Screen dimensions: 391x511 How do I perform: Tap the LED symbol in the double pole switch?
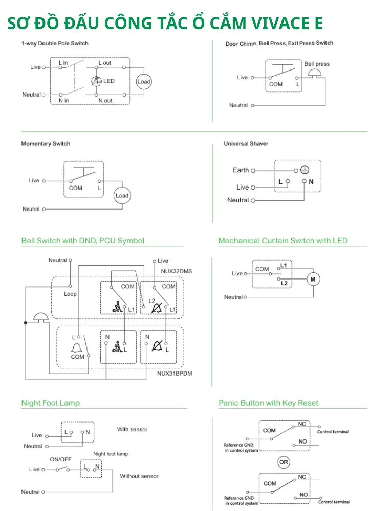point(96,81)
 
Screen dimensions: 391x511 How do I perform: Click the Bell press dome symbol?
point(315,73)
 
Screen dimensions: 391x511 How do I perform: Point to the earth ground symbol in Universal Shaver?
point(305,170)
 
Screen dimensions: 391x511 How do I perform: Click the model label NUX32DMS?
point(176,271)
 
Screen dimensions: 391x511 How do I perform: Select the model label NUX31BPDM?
point(175,374)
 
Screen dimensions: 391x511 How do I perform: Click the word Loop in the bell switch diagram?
point(70,294)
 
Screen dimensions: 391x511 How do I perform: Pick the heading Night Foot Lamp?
point(51,403)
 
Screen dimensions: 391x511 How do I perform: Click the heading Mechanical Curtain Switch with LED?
point(283,241)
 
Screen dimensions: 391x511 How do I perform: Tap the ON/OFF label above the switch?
point(60,459)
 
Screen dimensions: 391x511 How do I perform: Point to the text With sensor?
point(132,430)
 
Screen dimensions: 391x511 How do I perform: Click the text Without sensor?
point(139,476)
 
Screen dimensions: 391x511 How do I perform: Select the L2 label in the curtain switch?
point(284,283)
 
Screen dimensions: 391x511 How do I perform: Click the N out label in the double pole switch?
point(105,100)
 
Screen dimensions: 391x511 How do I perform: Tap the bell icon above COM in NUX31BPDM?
point(77,348)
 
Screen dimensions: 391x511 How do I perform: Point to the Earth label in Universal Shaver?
point(241,170)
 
